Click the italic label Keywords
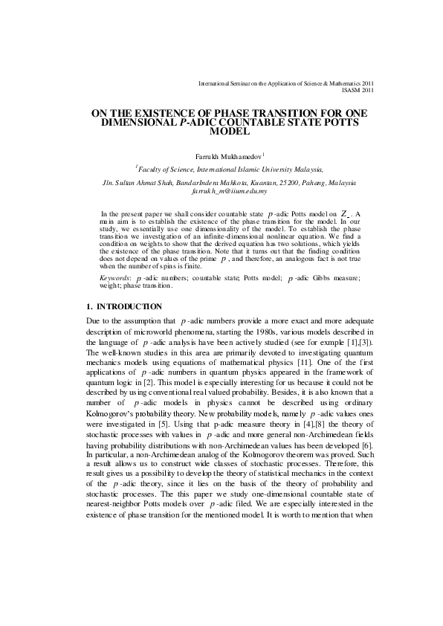tap(114, 277)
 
